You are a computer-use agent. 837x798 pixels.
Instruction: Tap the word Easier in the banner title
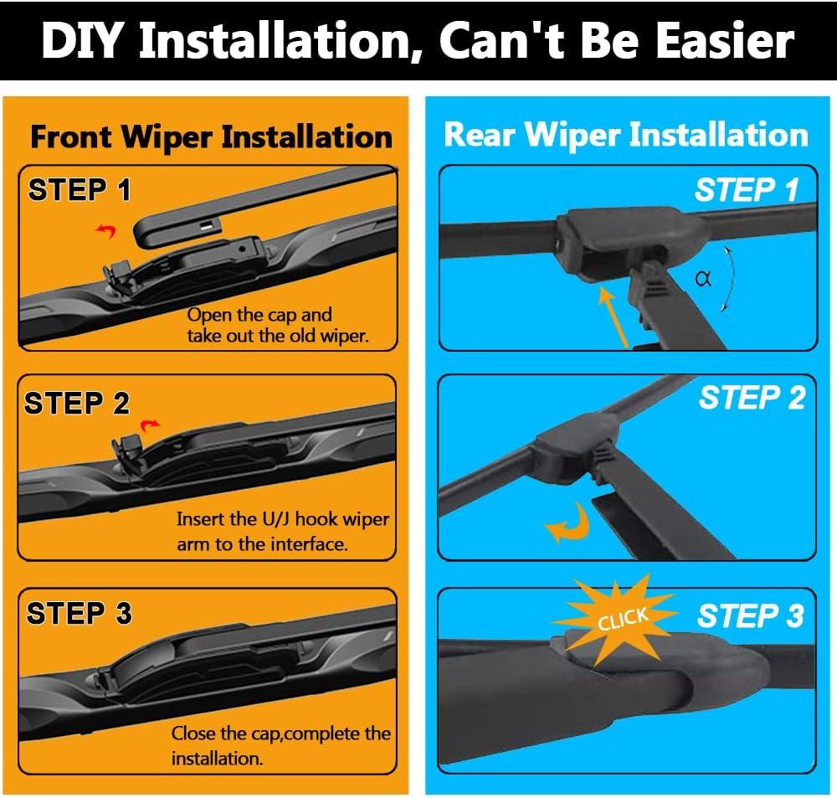point(724,40)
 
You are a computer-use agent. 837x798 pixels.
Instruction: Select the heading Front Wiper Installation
point(212,136)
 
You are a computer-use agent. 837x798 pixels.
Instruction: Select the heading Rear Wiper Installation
point(625,134)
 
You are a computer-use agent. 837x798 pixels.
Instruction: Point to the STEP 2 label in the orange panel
point(76,403)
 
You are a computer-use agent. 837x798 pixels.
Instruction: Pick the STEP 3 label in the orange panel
point(79,613)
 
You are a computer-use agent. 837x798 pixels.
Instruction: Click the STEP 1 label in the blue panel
point(747,189)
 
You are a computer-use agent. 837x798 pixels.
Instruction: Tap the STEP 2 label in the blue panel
point(752,398)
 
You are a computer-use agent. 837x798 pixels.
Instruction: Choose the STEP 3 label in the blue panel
point(751,615)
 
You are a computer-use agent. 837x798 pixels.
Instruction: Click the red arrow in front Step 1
point(107,231)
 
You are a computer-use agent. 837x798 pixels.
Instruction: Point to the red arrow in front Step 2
point(150,425)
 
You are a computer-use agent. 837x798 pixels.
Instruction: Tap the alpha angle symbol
point(704,278)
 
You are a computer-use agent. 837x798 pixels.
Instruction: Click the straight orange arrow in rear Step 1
point(614,317)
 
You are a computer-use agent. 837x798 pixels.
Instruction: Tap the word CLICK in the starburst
point(623,619)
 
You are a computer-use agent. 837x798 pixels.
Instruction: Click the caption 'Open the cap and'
point(259,315)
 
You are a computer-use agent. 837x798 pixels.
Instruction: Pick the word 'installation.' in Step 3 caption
point(218,759)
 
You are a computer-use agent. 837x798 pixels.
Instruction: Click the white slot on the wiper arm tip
point(206,226)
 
